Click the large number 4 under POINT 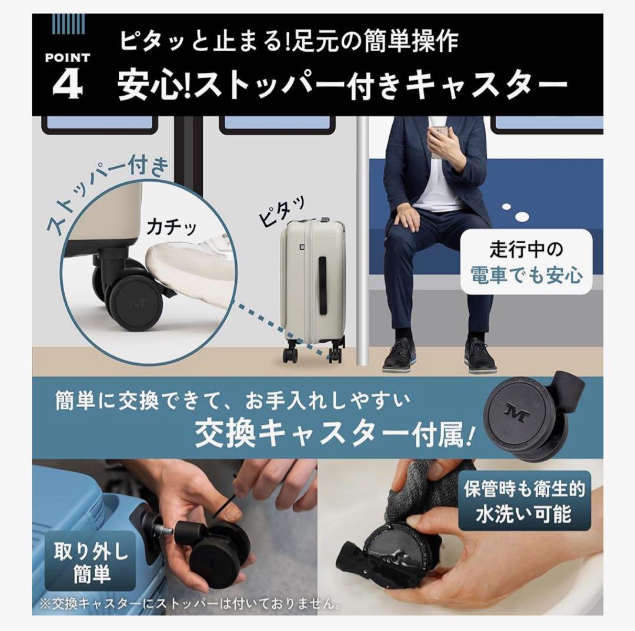(67, 85)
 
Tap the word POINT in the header (67, 58)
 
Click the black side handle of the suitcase (322, 285)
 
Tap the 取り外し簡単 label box (91, 561)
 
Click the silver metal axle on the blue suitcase (165, 531)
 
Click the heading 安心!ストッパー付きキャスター (342, 86)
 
